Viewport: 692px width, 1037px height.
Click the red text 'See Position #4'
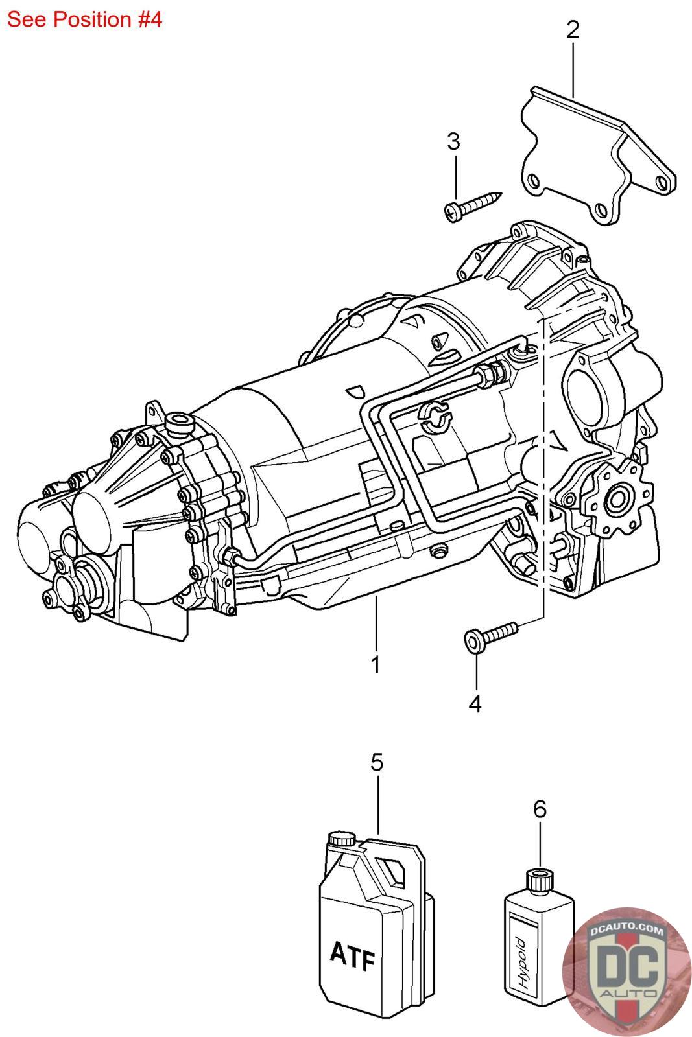coord(84,20)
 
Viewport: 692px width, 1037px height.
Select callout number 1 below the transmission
coord(375,664)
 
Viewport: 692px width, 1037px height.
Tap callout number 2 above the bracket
coord(573,30)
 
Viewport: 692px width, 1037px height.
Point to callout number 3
coord(454,141)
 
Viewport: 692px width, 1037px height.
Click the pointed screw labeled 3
coord(472,205)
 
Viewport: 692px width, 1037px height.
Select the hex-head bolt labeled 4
coord(490,636)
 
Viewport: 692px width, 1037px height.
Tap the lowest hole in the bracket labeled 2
coord(601,211)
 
